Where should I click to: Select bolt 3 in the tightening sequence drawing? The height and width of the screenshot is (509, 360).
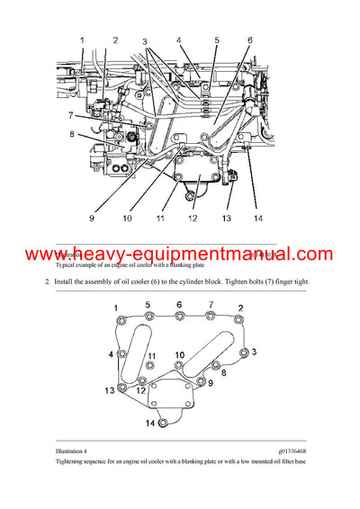click(241, 351)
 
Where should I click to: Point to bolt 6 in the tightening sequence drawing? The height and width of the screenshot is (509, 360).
click(181, 317)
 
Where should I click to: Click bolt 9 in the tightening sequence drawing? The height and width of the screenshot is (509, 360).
click(200, 382)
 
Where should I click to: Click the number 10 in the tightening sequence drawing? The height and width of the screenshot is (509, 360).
click(180, 354)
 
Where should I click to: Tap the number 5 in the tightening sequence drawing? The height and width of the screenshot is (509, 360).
click(148, 305)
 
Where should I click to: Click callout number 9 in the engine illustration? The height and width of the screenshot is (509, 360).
click(92, 218)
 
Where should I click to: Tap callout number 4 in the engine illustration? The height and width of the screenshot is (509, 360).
click(178, 40)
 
